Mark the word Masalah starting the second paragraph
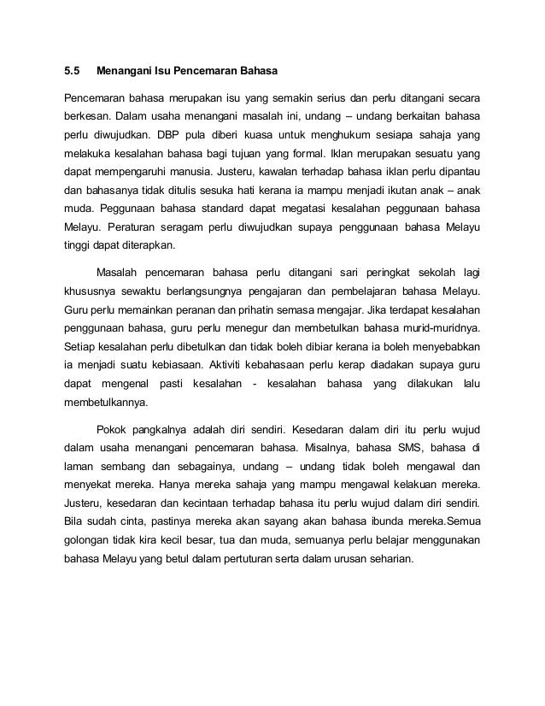pos(126,273)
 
